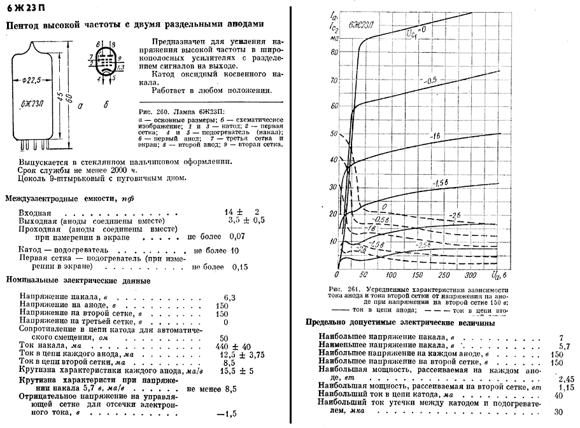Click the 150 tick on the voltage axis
click(x=418, y=275)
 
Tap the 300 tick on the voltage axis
click(x=472, y=275)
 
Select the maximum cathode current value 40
click(x=559, y=395)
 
